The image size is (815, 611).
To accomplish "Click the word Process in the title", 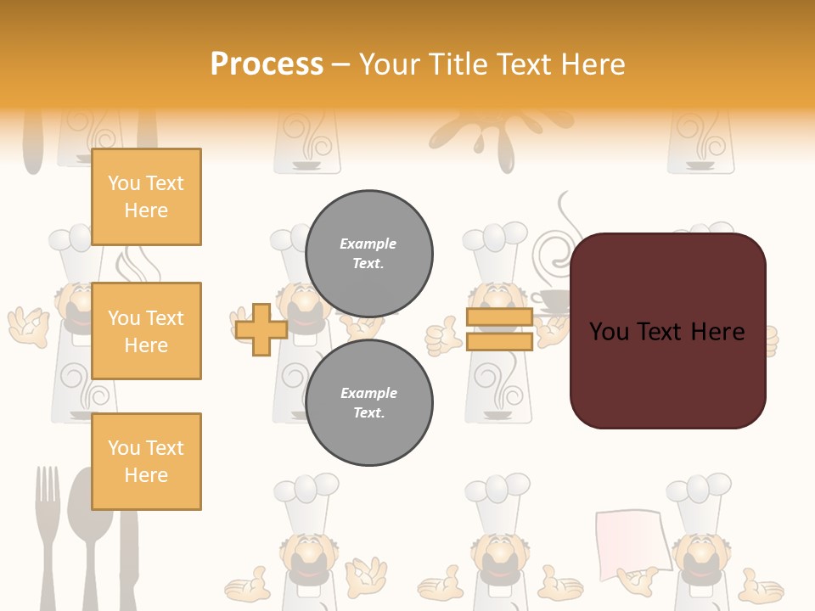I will (267, 64).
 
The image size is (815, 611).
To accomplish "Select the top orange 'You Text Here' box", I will (146, 197).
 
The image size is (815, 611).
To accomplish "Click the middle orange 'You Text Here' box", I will (146, 331).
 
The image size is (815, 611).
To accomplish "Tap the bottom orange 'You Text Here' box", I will (146, 461).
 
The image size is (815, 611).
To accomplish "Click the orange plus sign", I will (261, 329).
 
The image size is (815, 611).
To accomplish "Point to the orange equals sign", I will (499, 329).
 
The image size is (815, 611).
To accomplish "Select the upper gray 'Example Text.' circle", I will (368, 253).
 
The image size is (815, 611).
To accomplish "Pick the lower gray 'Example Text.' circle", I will (368, 402).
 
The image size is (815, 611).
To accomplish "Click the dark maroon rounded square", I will (667, 331).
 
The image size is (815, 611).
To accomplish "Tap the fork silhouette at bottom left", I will (48, 535).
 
